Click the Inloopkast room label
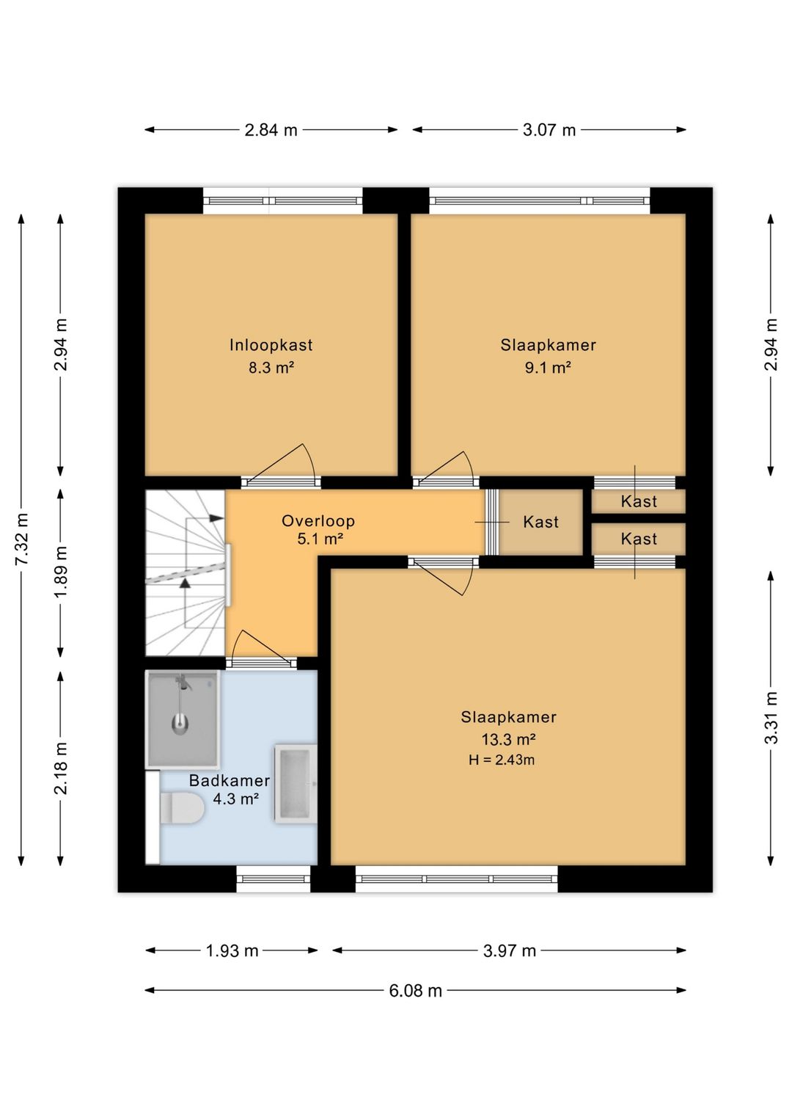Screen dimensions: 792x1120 pyautogui.click(x=271, y=345)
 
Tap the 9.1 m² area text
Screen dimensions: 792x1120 pyautogui.click(x=548, y=368)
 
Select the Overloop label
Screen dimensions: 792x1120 pyautogui.click(x=318, y=521)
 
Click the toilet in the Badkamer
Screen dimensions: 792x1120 pyautogui.click(x=181, y=807)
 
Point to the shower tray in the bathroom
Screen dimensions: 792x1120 pyautogui.click(x=183, y=719)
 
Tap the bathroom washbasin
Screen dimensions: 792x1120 pyautogui.click(x=296, y=783)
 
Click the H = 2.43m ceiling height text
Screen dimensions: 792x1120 pyautogui.click(x=502, y=760)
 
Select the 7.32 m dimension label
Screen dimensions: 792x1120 pyautogui.click(x=21, y=539)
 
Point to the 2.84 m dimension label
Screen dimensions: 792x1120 pyautogui.click(x=271, y=130)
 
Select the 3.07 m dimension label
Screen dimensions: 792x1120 pyautogui.click(x=549, y=130)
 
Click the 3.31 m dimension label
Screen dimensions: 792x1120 pyautogui.click(x=771, y=718)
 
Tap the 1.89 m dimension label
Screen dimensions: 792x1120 pyautogui.click(x=60, y=572)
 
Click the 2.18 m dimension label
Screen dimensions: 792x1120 pyautogui.click(x=60, y=768)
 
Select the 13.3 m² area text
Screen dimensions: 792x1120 pyautogui.click(x=509, y=739)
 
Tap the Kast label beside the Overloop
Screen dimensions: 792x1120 pyautogui.click(x=540, y=523)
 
